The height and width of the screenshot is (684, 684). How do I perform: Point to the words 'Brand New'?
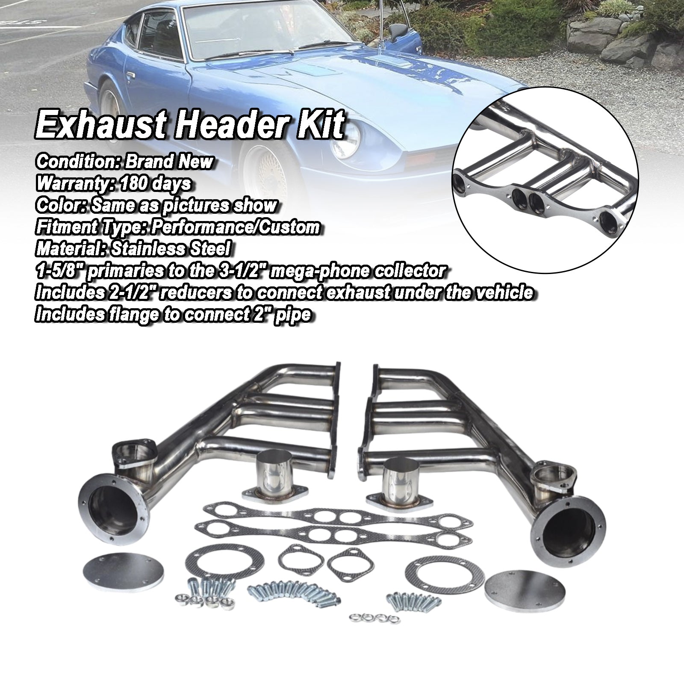(169, 162)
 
